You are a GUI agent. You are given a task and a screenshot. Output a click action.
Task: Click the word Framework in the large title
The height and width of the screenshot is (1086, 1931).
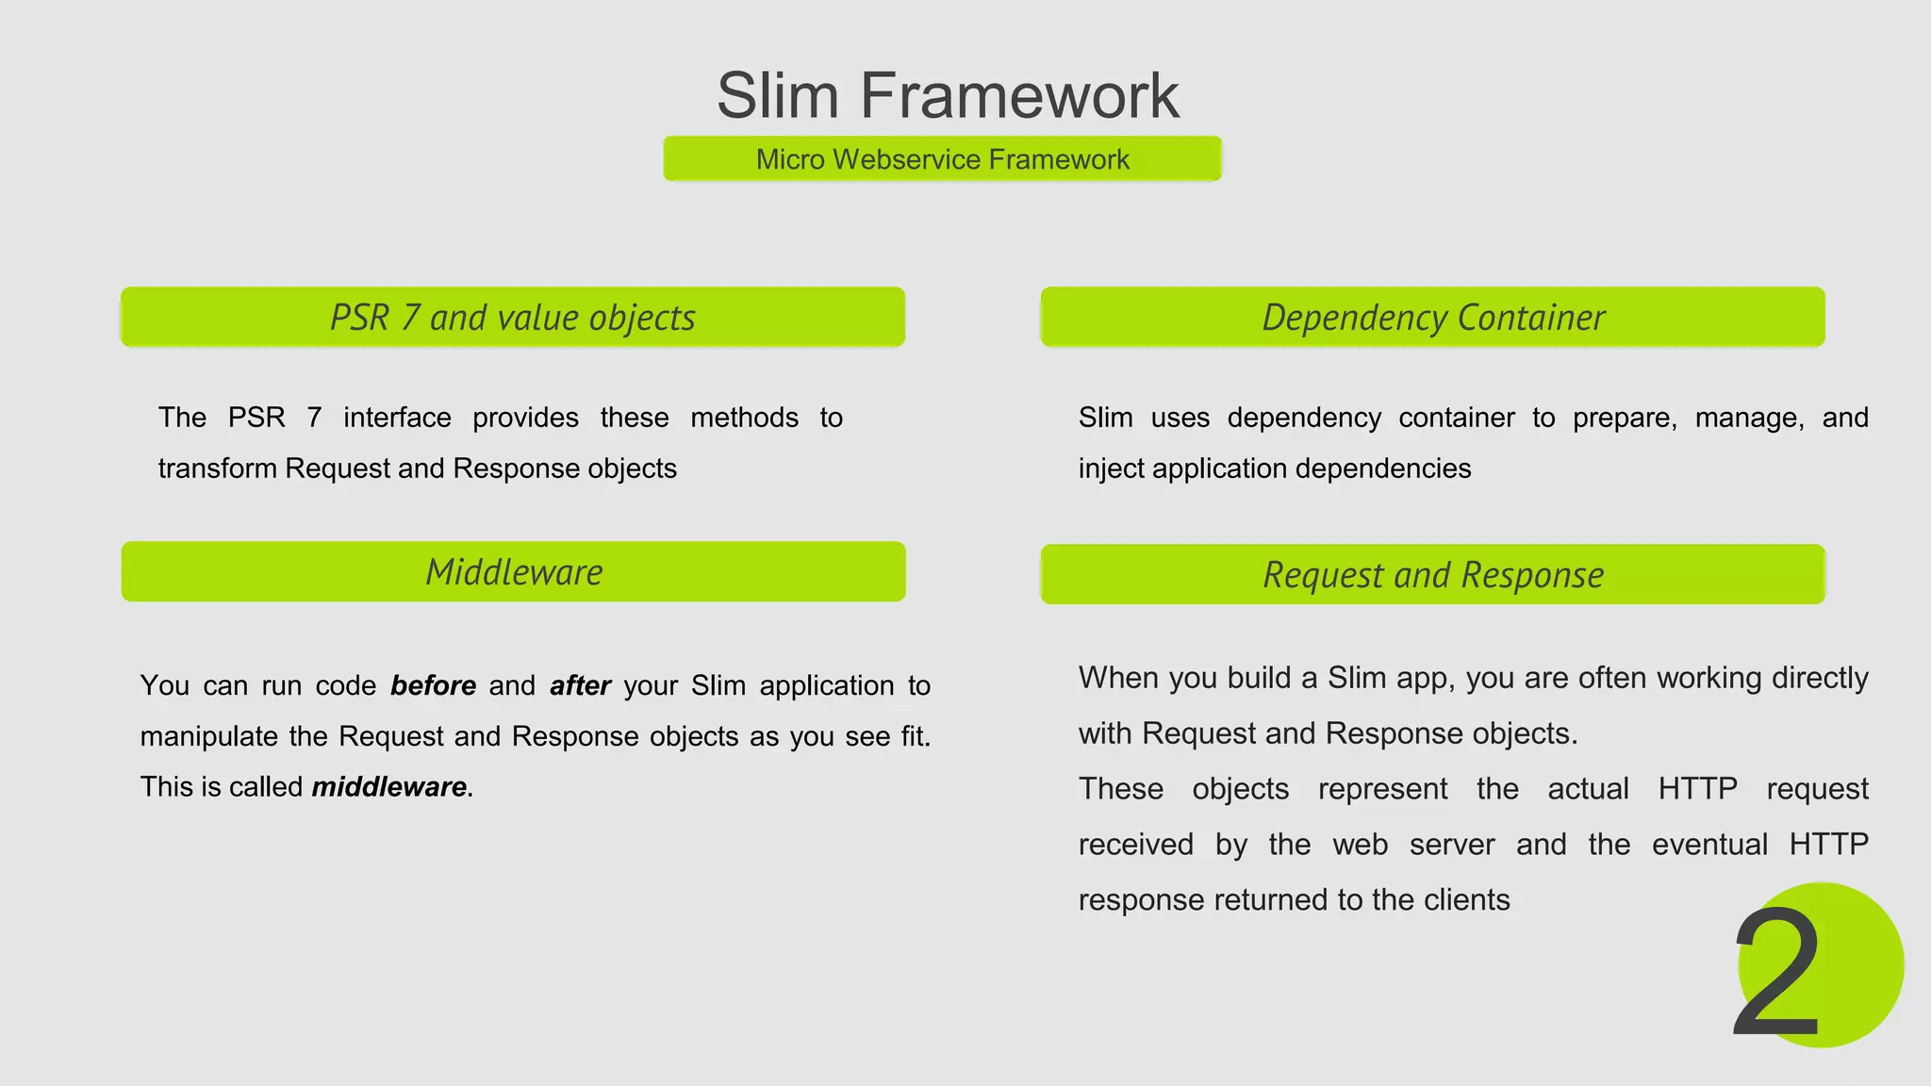point(1018,96)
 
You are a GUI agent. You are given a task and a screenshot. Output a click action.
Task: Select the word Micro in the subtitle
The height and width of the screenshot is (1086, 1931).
point(790,159)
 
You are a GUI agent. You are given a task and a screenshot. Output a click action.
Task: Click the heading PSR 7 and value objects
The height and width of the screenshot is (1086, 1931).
point(513,318)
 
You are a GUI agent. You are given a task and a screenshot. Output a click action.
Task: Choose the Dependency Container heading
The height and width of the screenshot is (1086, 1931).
point(1433,318)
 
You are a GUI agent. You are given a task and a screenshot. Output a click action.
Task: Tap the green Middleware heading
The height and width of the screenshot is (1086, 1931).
point(514,572)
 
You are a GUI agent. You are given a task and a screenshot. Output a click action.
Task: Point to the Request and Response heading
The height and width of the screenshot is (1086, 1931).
point(1433,575)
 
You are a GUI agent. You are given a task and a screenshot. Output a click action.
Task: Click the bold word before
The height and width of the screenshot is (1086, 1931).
point(433,685)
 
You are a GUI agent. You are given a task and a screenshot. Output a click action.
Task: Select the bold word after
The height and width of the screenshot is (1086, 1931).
point(580,685)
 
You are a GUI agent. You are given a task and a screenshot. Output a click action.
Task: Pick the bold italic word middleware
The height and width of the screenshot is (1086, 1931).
point(388,787)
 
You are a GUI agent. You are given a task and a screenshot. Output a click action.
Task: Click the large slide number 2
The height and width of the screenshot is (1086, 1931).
point(1776,973)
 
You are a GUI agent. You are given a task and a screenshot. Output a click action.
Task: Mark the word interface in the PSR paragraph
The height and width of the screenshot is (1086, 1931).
point(397,418)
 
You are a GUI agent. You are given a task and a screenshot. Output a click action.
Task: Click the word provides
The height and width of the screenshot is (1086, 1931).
point(525,418)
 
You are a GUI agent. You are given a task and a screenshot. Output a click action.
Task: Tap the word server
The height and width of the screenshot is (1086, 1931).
point(1452,845)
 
